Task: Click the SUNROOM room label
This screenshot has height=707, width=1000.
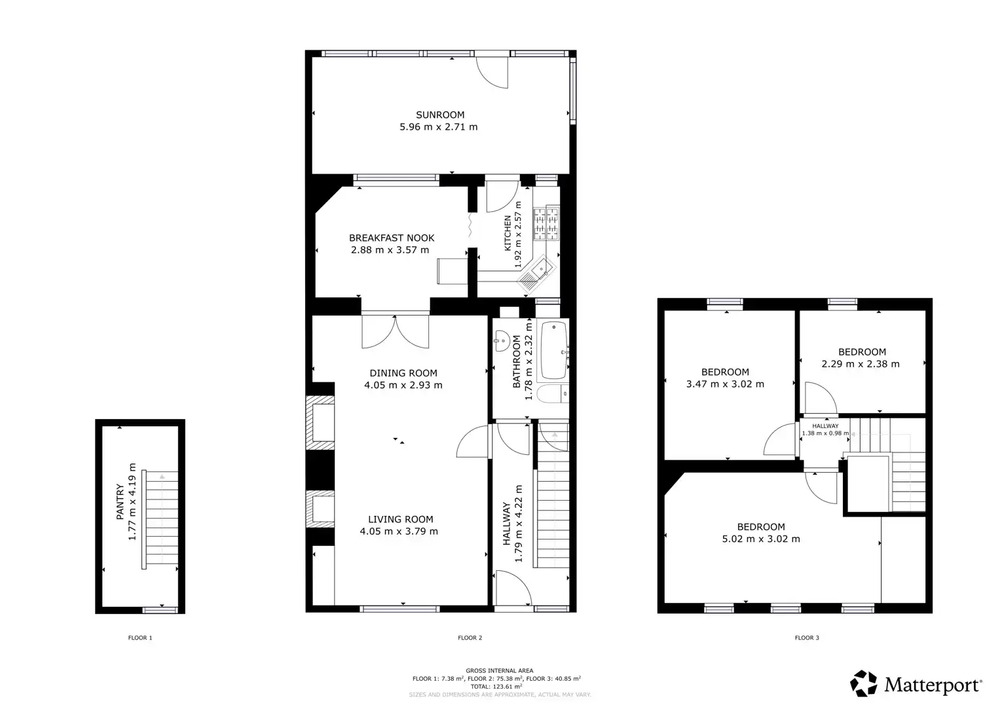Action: [439, 115]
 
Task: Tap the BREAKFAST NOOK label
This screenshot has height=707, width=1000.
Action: [391, 238]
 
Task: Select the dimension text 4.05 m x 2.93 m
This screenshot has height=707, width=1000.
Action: [403, 385]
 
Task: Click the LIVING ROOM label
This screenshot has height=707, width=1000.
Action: [400, 519]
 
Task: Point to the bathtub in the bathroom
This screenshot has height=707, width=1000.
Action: [553, 352]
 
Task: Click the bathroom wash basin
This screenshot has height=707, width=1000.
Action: [502, 340]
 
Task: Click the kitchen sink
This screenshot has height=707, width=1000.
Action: [541, 269]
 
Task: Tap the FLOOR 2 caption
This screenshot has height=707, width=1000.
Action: [470, 638]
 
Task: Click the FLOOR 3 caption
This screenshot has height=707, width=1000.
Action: [807, 638]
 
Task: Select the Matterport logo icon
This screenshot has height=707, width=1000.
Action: [864, 683]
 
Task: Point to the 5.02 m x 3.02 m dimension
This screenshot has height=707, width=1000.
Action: [760, 539]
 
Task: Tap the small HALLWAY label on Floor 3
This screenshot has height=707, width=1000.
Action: [824, 426]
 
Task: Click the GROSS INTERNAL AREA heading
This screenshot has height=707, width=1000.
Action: [499, 670]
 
